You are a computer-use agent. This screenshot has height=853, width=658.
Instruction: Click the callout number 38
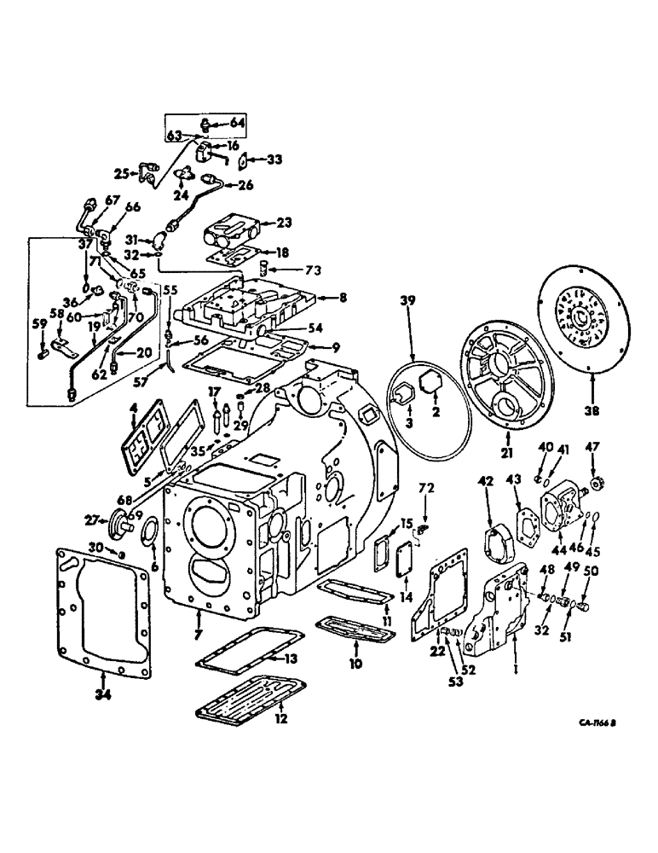[592, 409]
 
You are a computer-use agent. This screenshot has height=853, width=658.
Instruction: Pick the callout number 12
[280, 718]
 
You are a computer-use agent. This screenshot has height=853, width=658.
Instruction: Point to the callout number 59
[38, 323]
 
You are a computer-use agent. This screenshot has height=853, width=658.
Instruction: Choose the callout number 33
[274, 159]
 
